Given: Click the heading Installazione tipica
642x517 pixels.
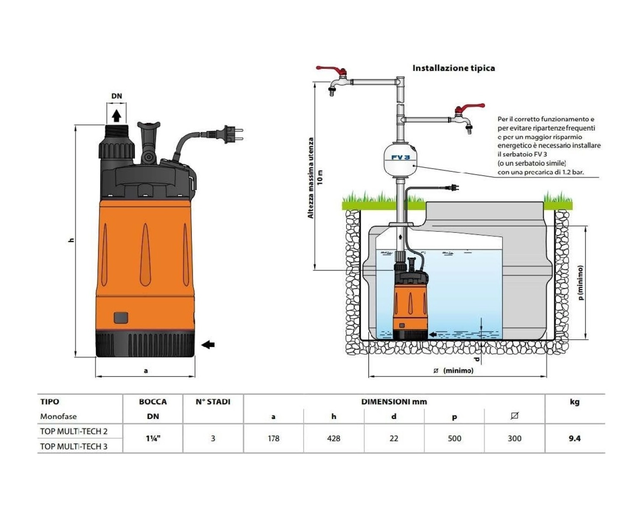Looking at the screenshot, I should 453,68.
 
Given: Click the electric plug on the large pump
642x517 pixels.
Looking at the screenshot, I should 232,134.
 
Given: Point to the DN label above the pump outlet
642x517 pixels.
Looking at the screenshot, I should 116,96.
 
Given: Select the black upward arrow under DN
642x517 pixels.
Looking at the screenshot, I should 116,115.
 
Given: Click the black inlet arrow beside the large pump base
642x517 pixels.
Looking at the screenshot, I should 208,344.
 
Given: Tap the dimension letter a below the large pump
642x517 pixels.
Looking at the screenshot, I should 146,371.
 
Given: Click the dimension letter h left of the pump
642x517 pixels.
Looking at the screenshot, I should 71,240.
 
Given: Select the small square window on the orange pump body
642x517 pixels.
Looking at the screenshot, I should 121,318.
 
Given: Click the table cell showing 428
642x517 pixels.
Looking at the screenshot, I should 333,438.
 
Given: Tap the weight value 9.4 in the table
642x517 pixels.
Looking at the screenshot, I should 574,438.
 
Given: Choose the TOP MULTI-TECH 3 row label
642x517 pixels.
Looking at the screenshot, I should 74,446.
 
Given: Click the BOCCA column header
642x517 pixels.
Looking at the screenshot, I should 153,402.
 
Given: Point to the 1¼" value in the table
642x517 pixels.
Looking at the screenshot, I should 153,438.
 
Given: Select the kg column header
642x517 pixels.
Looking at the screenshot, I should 574,402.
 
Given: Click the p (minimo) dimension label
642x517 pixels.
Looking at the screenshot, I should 580,282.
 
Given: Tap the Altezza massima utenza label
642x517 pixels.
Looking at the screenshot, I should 311,178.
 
